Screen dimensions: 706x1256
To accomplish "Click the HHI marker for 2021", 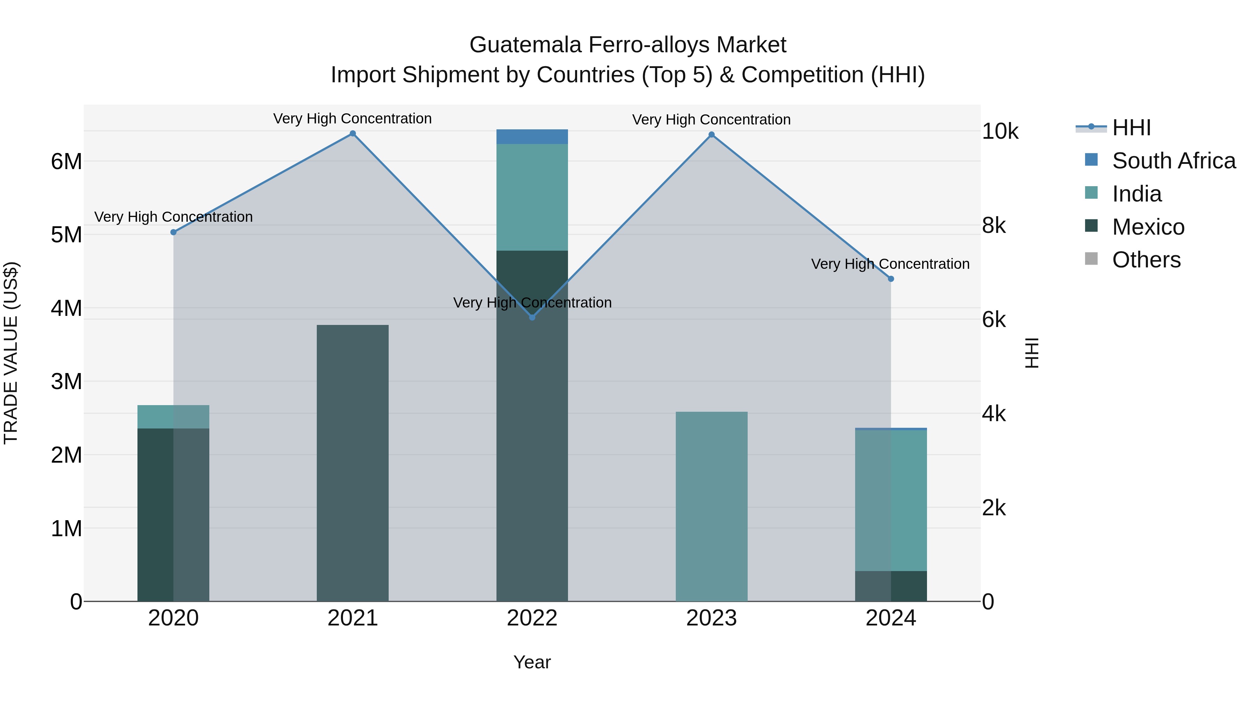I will pos(352,134).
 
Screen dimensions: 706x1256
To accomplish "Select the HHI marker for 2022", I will pos(532,317).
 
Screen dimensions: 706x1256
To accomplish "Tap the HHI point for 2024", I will pos(891,279).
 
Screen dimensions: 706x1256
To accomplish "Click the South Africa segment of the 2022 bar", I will pos(532,137).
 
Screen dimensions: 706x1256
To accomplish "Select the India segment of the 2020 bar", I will pos(173,417).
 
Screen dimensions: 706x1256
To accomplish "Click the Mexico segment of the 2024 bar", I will pos(891,586).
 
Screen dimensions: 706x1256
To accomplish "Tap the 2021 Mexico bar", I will pos(352,463).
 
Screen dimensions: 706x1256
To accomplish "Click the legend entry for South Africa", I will pos(1173,161).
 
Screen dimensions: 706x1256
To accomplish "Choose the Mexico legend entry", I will pos(1148,227).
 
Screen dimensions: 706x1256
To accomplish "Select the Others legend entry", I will pos(1146,260).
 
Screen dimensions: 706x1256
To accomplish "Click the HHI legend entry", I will pos(1131,128).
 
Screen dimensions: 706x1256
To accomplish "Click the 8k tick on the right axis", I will pos(994,226).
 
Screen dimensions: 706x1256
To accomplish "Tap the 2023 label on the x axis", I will pos(711,618).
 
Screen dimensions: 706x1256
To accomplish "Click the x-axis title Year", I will pos(532,662).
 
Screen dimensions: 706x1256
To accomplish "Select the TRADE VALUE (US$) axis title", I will pos(11,353).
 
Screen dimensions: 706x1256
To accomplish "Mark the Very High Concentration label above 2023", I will pos(711,119).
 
